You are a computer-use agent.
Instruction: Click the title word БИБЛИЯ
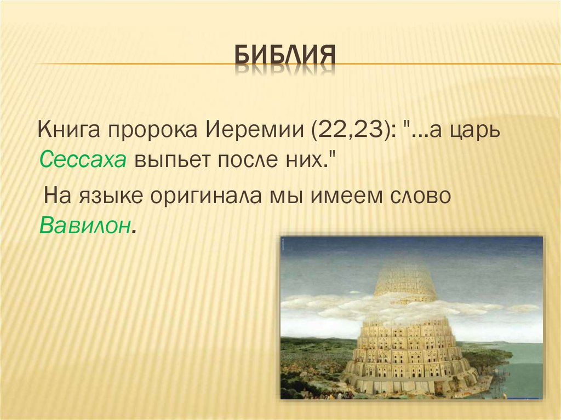click(x=285, y=56)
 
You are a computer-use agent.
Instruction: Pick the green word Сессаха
click(x=83, y=159)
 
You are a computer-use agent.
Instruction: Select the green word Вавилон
click(x=84, y=226)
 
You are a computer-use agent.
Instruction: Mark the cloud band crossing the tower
click(x=411, y=307)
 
